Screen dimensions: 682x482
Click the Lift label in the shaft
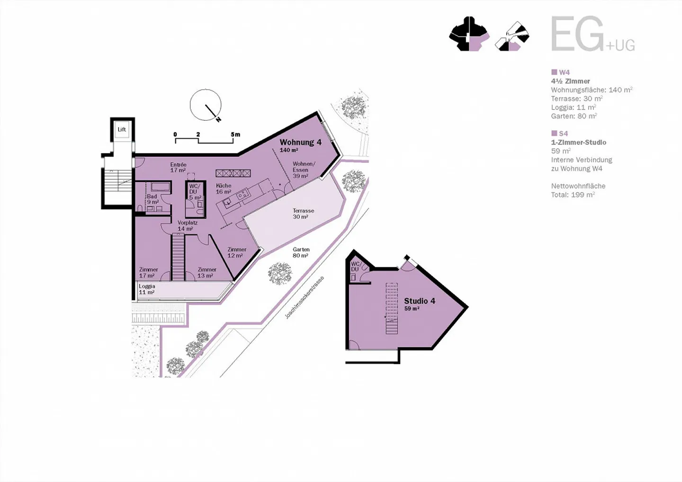tap(122, 129)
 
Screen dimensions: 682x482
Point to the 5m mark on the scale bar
tap(235, 134)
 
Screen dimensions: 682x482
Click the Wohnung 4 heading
tap(300, 142)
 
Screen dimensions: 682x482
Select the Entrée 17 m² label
tap(178, 167)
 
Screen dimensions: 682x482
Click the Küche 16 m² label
tap(224, 188)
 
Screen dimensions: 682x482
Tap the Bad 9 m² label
tap(153, 199)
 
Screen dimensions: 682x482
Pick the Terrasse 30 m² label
tap(303, 214)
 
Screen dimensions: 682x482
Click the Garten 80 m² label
tap(301, 252)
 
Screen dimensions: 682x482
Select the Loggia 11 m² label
tap(147, 289)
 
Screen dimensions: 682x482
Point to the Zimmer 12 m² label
tap(237, 252)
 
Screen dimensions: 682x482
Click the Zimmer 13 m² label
tap(207, 272)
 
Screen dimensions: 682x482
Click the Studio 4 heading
tap(420, 301)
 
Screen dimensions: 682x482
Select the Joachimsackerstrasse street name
tap(304, 298)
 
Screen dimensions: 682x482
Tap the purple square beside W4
tap(554, 72)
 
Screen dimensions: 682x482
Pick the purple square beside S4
tap(554, 133)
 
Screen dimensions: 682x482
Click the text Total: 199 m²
tap(573, 195)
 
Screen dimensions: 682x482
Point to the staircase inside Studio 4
tap(392, 308)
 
